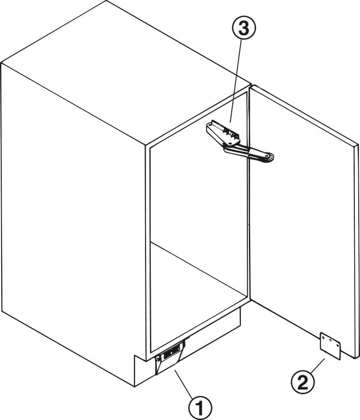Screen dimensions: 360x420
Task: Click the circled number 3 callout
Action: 244,28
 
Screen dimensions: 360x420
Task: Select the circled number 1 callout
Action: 200,408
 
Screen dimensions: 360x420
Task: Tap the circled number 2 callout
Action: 303,383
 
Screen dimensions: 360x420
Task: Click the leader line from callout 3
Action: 235,81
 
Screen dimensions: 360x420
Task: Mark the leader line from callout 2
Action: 317,365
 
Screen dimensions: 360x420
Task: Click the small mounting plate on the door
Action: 330,346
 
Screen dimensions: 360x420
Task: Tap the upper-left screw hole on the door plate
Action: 323,338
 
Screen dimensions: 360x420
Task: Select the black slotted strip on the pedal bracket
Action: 170,354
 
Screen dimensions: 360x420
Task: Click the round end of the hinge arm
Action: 269,157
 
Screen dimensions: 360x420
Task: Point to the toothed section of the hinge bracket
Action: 230,133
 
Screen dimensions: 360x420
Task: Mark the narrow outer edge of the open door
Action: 357,252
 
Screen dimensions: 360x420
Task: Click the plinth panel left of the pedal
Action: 144,371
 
